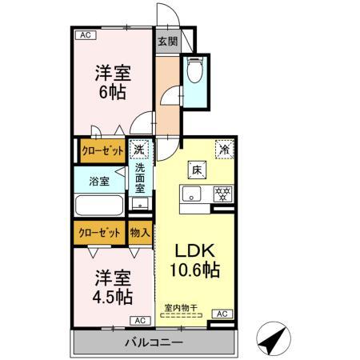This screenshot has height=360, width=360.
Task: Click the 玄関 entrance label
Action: tap(166, 42)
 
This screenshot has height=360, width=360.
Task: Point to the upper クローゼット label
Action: tap(100, 150)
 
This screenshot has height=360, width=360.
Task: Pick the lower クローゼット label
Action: tap(100, 232)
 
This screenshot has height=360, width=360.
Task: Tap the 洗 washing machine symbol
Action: tap(140, 149)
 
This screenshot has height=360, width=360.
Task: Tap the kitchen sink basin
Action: tap(193, 193)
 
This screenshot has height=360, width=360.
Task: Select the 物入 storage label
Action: tap(140, 232)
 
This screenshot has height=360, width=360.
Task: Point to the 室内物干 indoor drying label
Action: tap(182, 307)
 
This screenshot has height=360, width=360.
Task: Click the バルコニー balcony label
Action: tap(154, 342)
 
